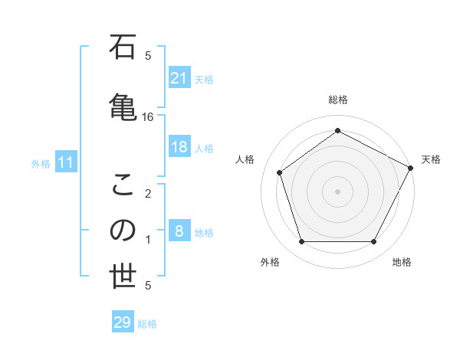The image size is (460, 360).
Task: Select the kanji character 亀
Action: pyautogui.click(x=123, y=103)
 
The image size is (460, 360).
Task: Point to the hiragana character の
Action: pyautogui.click(x=123, y=231)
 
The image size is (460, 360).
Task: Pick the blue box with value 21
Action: pyautogui.click(x=179, y=78)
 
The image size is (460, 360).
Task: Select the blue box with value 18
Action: pyautogui.click(x=179, y=147)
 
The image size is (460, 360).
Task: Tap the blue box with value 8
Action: pyautogui.click(x=179, y=231)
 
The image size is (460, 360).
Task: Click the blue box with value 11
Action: pyautogui.click(x=66, y=162)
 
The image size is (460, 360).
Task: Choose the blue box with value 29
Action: pyautogui.click(x=123, y=322)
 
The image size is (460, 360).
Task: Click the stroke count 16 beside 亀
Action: pyautogui.click(x=148, y=116)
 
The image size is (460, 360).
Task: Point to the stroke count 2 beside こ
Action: pyautogui.click(x=148, y=193)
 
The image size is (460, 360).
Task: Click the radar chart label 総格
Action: pyautogui.click(x=337, y=100)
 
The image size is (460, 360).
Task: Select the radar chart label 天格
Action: pyautogui.click(x=431, y=159)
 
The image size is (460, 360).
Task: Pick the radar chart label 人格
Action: pyautogui.click(x=245, y=159)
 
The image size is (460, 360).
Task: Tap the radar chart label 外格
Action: pyautogui.click(x=270, y=262)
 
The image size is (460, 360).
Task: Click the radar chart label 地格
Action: pyautogui.click(x=402, y=262)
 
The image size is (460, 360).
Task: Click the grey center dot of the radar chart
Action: pyautogui.click(x=337, y=191)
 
